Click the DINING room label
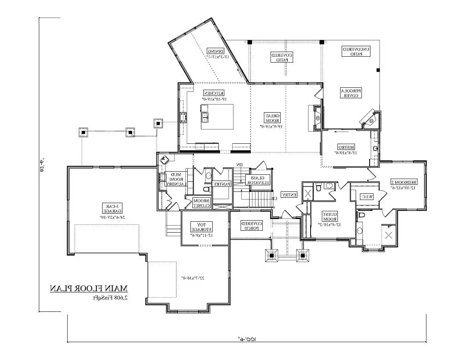click(215, 51)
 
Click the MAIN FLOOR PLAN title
click(89, 289)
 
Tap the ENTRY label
click(289, 195)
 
